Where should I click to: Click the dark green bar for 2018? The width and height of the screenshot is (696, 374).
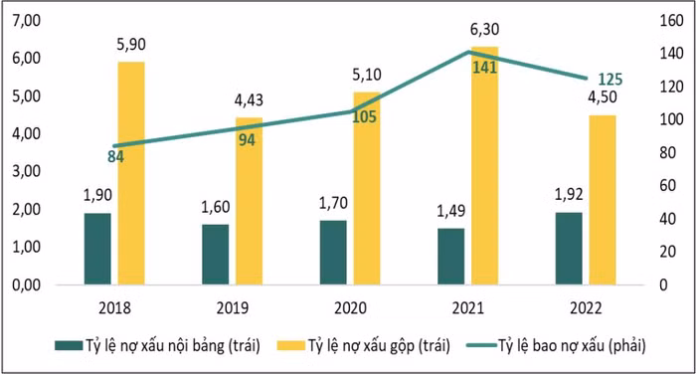[97, 249]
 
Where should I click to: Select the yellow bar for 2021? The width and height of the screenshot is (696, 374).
[484, 169]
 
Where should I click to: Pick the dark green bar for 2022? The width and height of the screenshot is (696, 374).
[568, 249]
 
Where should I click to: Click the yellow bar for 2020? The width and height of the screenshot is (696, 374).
[367, 189]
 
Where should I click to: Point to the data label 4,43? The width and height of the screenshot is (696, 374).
[249, 102]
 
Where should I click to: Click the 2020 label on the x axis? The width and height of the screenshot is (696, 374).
[351, 306]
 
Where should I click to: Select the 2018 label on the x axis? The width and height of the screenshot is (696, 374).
[115, 306]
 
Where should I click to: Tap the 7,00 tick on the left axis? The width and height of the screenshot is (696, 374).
[23, 21]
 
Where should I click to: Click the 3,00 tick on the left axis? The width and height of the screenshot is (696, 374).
[23, 171]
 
